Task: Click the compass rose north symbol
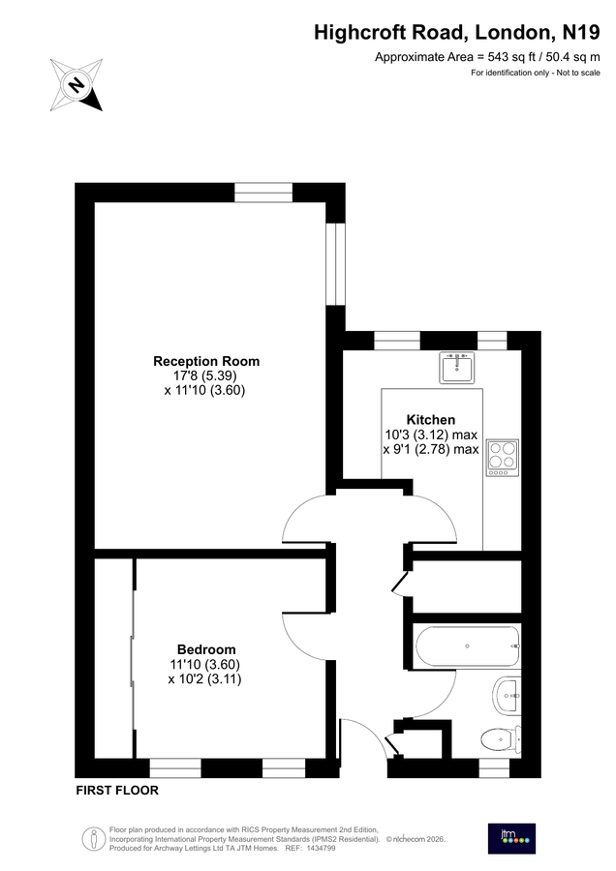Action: [77, 83]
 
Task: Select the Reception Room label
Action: [206, 361]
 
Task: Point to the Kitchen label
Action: [430, 419]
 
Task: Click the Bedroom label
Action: [205, 648]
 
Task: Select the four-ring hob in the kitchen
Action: [504, 455]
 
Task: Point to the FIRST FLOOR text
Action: [117, 791]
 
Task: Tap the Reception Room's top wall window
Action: [263, 192]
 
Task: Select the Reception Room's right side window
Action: [335, 263]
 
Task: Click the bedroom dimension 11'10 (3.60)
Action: [205, 664]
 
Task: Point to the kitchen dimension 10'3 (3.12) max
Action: [431, 435]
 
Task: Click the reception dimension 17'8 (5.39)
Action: [205, 375]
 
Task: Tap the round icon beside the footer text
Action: [93, 838]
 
